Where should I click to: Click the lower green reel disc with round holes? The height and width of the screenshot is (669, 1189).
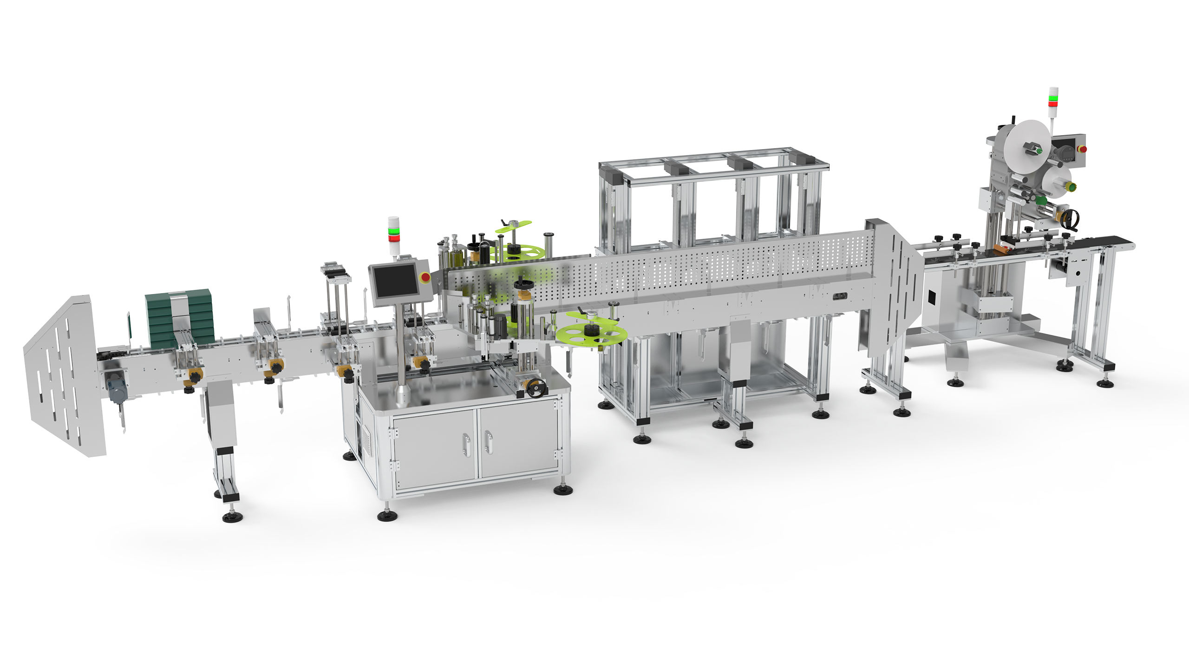tap(591, 334)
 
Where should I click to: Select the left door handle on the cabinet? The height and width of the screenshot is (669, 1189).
tap(465, 444)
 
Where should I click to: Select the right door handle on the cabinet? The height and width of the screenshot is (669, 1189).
tap(488, 441)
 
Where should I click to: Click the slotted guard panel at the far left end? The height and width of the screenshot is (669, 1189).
tap(65, 376)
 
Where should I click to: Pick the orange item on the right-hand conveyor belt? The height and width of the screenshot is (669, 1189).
tap(1001, 249)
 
